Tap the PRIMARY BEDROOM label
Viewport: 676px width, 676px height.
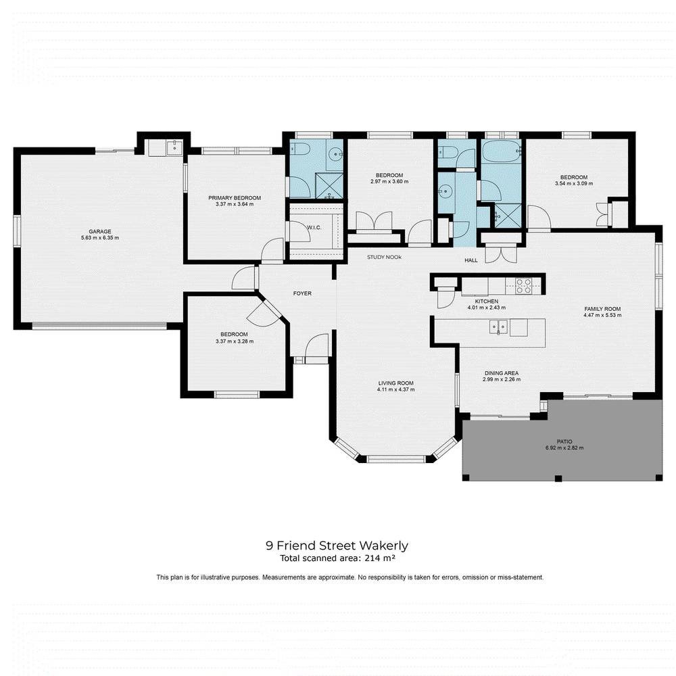pyautogui.click(x=234, y=197)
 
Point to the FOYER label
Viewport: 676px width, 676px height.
pyautogui.click(x=301, y=293)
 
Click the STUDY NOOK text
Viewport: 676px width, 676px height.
pyautogui.click(x=385, y=258)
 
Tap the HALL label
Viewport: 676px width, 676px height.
pyautogui.click(x=471, y=260)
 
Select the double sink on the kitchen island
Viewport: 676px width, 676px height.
pyautogui.click(x=500, y=328)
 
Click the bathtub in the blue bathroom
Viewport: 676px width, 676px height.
pyautogui.click(x=501, y=151)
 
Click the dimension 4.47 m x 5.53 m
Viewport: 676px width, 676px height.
pyautogui.click(x=602, y=316)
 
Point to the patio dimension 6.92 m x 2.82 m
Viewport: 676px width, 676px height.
pyautogui.click(x=564, y=448)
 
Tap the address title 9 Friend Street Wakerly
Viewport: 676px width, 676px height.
pyautogui.click(x=337, y=545)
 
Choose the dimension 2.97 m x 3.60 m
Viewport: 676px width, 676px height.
pyautogui.click(x=389, y=182)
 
